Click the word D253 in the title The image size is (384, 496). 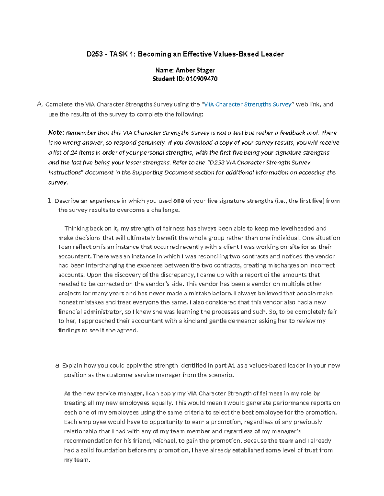[95, 54]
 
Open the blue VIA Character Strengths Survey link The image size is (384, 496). [248, 104]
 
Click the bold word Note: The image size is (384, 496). [56, 133]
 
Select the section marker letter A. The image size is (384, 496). [39, 104]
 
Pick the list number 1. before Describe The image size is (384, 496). [50, 201]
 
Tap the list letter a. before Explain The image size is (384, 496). [58, 365]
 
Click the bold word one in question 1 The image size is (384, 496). [179, 201]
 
